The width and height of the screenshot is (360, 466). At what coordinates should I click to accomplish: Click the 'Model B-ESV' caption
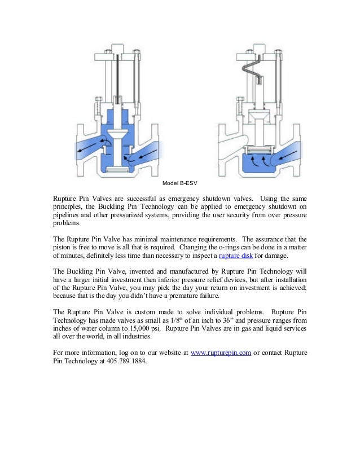(180, 183)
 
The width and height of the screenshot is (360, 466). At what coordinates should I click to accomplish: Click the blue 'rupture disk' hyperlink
(236, 255)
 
